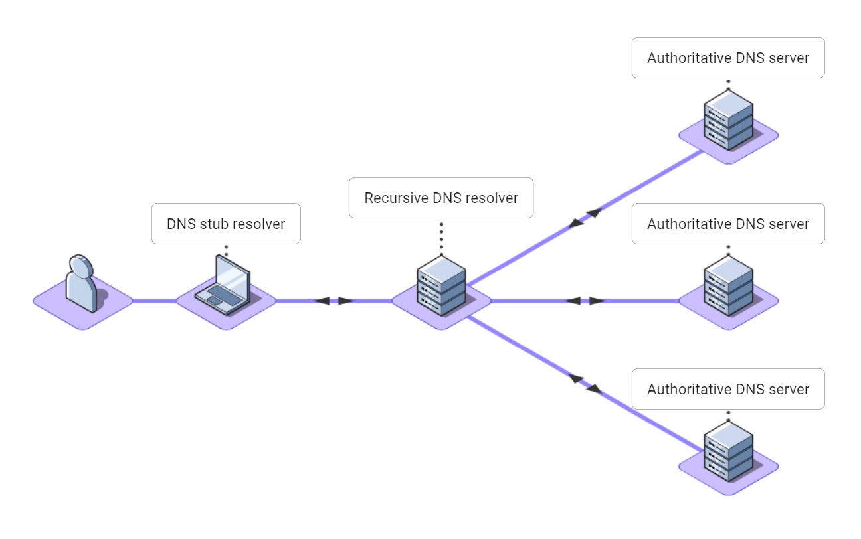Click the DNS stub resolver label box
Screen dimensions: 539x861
coord(226,224)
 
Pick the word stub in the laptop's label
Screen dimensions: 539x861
coord(215,224)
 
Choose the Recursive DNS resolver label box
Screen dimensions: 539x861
coord(441,198)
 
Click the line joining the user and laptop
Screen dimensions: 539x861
coord(154,301)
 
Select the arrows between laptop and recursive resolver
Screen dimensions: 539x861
coord(334,301)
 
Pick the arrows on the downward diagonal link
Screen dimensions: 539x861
coord(585,384)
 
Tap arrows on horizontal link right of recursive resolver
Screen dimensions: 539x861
coord(585,301)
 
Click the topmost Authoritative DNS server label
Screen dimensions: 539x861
coord(728,58)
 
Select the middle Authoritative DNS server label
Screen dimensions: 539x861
coord(728,224)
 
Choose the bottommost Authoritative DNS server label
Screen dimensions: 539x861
coord(728,389)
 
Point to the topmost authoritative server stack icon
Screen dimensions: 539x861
coord(728,119)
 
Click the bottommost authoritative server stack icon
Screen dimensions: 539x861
coord(728,451)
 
